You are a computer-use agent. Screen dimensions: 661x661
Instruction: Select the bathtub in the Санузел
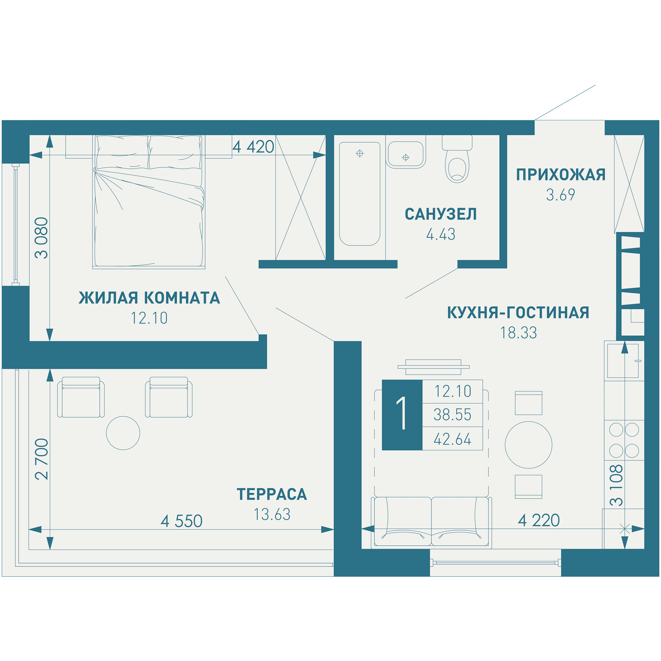coord(360,194)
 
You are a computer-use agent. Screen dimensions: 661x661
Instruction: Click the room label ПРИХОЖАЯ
coord(561,175)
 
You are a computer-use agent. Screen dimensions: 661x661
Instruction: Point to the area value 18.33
coord(519,332)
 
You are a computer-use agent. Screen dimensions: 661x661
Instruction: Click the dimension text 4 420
coord(253,147)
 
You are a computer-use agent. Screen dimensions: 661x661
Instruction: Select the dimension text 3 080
coord(42,237)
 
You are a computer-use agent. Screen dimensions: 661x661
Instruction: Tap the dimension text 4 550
coord(181,521)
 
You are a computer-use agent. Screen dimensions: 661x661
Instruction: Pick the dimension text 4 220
coord(539,521)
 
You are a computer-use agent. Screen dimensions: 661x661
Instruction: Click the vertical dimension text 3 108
coord(616,486)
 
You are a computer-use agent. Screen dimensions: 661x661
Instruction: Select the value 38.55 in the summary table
coord(452,415)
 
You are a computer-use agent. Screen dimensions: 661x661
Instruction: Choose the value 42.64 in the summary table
coord(452,439)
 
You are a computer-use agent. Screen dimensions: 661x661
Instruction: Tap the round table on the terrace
coord(123,433)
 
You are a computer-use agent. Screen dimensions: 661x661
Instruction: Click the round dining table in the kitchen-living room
coord(528,445)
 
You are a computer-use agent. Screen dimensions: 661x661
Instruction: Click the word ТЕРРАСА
coord(272,494)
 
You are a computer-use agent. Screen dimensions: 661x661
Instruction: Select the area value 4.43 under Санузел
coord(441,234)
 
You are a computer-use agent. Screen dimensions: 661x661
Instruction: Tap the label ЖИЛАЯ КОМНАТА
coord(149,298)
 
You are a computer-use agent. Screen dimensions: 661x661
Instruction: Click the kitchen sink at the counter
coord(623,361)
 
